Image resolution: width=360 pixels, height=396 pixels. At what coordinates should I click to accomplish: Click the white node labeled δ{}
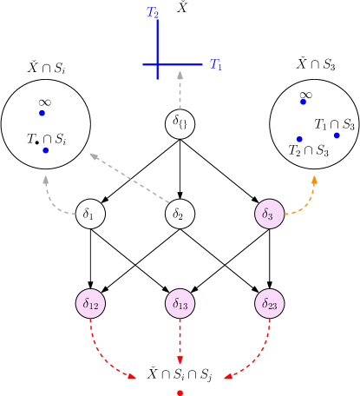click(x=180, y=123)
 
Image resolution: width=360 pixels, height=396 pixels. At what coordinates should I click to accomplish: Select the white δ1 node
click(x=90, y=214)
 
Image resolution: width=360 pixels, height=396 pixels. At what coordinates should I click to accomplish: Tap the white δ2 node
click(x=180, y=214)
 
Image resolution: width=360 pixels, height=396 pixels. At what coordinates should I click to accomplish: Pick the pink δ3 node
click(x=270, y=214)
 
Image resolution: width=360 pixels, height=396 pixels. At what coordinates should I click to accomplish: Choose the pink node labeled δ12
click(x=90, y=303)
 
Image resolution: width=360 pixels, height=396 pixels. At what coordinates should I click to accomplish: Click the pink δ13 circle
click(x=180, y=303)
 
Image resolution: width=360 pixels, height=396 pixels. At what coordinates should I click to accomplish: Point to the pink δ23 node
click(x=270, y=303)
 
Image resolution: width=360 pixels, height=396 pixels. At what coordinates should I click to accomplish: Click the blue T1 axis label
click(x=216, y=65)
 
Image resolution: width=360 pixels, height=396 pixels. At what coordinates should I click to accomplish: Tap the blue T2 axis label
click(x=153, y=12)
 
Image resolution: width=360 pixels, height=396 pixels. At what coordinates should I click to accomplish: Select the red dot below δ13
click(x=180, y=393)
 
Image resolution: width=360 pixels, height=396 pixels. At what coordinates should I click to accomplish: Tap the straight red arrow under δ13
click(x=180, y=342)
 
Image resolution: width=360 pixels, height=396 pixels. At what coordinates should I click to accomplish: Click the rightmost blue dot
click(x=337, y=135)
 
